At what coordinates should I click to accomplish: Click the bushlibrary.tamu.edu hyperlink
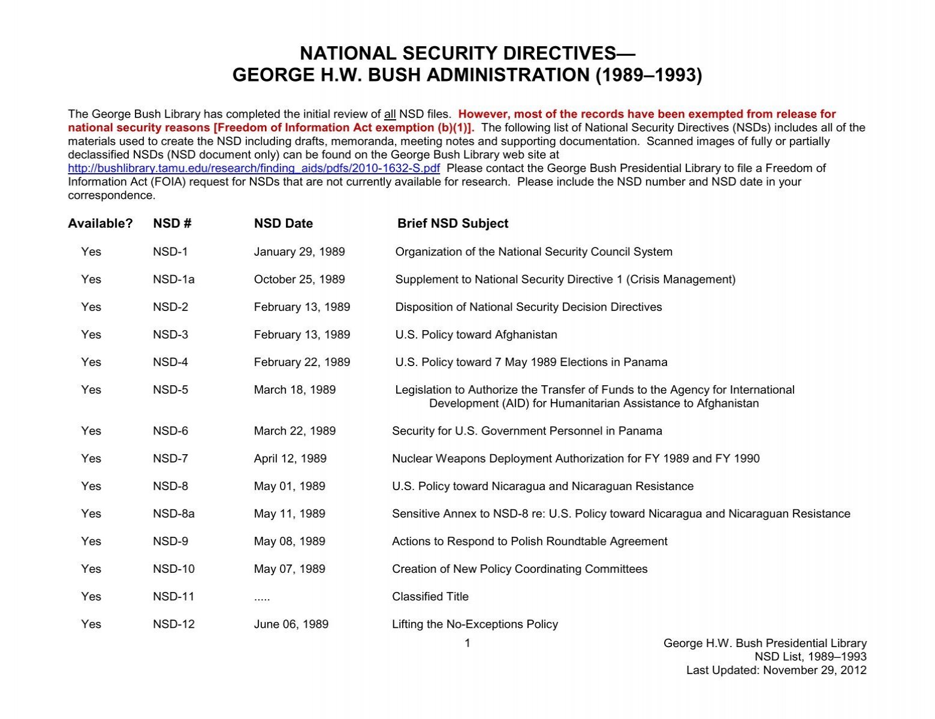[x=254, y=168]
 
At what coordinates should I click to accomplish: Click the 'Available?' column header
[x=100, y=223]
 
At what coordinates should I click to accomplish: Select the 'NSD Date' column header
[x=283, y=223]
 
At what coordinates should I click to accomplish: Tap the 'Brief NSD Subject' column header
[x=453, y=223]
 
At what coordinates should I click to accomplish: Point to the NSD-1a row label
[x=173, y=279]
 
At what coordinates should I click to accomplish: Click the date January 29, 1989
[x=299, y=252]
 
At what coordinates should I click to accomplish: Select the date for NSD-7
[x=290, y=458]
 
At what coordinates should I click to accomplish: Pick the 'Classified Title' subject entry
[x=430, y=596]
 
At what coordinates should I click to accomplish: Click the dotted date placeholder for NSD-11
[x=262, y=597]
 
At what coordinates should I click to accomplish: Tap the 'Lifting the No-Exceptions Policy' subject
[x=475, y=624]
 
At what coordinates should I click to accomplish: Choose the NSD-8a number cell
[x=173, y=513]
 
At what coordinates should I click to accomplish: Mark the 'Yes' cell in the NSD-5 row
[x=91, y=389]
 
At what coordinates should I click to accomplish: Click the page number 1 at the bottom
[x=467, y=643]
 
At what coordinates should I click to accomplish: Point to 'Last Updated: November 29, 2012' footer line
[x=776, y=670]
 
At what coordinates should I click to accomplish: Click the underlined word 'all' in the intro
[x=390, y=114]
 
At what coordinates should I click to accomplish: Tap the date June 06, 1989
[x=291, y=624]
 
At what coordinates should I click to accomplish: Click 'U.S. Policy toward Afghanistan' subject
[x=476, y=334]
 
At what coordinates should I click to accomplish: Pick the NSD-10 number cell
[x=173, y=569]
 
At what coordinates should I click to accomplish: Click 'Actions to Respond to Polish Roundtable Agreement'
[x=529, y=541]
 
